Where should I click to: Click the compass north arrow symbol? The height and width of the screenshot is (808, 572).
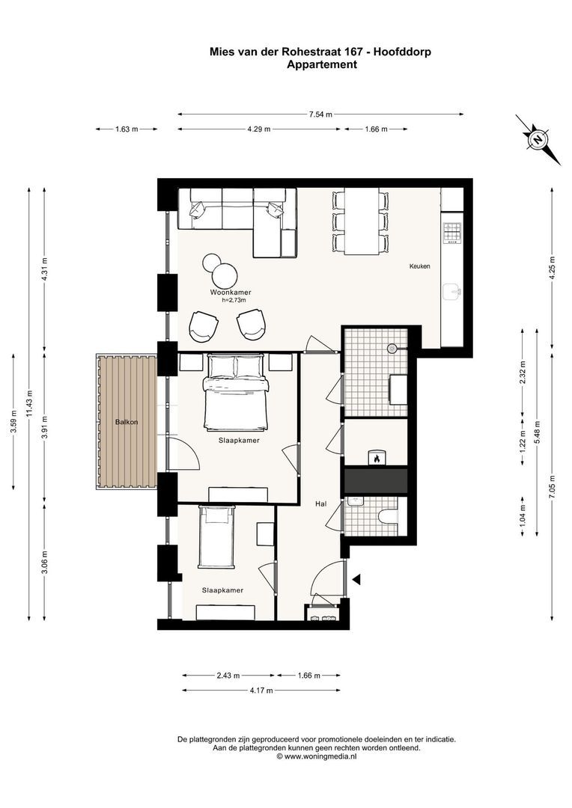coord(538,139)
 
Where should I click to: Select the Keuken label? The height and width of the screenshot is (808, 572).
coord(419,266)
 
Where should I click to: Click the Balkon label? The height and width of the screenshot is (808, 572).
coord(126,423)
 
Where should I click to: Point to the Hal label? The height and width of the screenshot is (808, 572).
coord(320,504)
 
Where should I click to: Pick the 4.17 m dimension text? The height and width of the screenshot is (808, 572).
coord(261,690)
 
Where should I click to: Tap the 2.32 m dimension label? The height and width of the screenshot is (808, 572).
coord(523,372)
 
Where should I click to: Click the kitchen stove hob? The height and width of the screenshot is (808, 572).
coord(451,233)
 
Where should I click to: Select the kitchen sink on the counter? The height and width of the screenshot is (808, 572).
coord(451,290)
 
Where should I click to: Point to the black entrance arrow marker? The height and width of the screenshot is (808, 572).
coord(357,578)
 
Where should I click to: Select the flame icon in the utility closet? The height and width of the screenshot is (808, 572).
coord(377,457)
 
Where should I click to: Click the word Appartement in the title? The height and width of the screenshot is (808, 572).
coord(321,64)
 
